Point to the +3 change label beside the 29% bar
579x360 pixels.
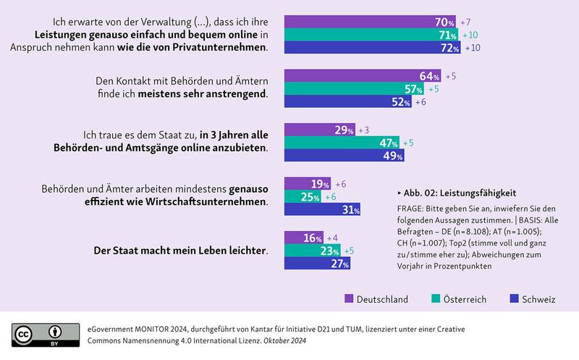pyautogui.click(x=365, y=130)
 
